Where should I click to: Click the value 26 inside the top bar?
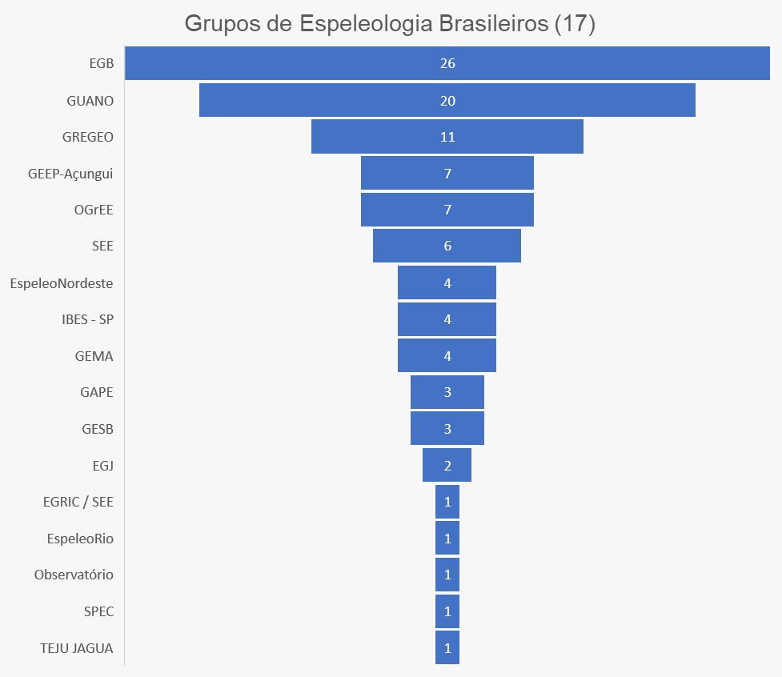point(447,63)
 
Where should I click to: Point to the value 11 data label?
point(447,137)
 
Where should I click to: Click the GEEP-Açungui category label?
point(70,174)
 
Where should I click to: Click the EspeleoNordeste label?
point(62,283)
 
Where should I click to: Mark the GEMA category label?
point(94,356)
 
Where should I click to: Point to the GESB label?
point(98,429)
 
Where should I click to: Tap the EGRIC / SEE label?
point(78,503)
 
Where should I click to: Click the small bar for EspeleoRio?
point(447,539)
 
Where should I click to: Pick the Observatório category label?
point(74,575)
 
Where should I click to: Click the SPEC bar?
point(447,611)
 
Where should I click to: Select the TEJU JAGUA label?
point(77,648)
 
